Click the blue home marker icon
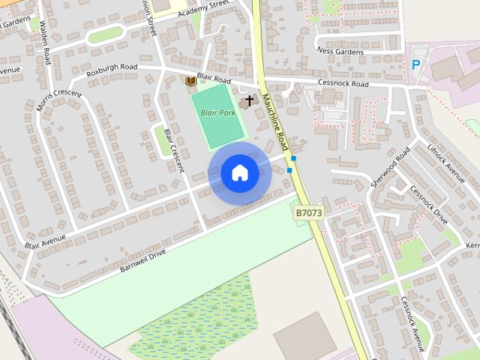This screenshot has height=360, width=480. point(240,173)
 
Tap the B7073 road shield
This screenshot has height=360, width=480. point(307,214)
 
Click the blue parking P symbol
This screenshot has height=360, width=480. point(416,65)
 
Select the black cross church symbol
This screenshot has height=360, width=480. point(249,100)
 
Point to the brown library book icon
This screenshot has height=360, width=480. point(190,80)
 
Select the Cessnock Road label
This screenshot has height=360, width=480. point(343,84)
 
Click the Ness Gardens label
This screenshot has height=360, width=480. point(340,52)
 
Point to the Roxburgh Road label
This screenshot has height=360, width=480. point(112,70)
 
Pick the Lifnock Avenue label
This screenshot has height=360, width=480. point(446,158)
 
